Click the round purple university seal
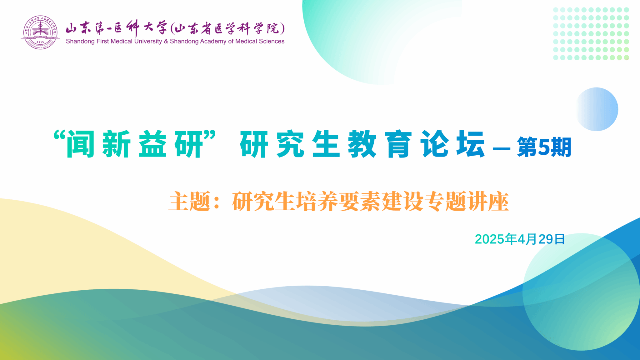click(40, 32)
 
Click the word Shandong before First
click(80, 42)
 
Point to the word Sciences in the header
click(272, 41)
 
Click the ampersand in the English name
click(166, 41)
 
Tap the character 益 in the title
click(152, 144)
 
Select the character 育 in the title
click(398, 144)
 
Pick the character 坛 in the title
click(471, 144)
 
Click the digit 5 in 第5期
click(544, 147)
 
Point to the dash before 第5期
click(502, 149)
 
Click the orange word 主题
click(189, 202)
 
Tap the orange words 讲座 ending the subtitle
click(488, 202)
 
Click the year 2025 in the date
click(490, 239)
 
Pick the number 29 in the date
click(546, 239)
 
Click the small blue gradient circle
click(597, 109)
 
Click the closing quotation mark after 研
click(209, 135)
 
